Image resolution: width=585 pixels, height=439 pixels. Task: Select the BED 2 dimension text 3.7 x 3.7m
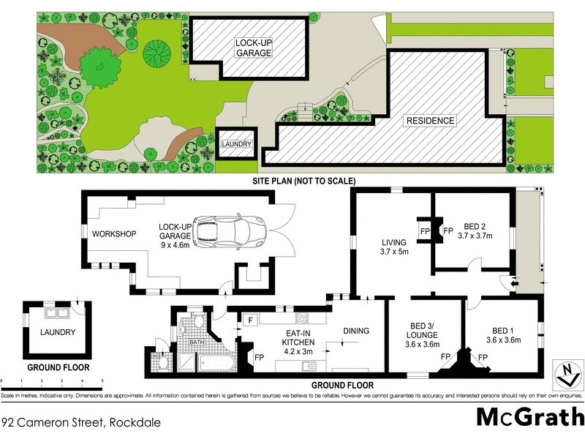(x=475, y=236)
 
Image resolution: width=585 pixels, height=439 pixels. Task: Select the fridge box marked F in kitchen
(x=249, y=320)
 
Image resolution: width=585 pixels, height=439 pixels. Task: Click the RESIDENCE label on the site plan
(x=431, y=121)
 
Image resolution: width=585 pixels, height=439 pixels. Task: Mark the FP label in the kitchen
(x=259, y=358)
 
